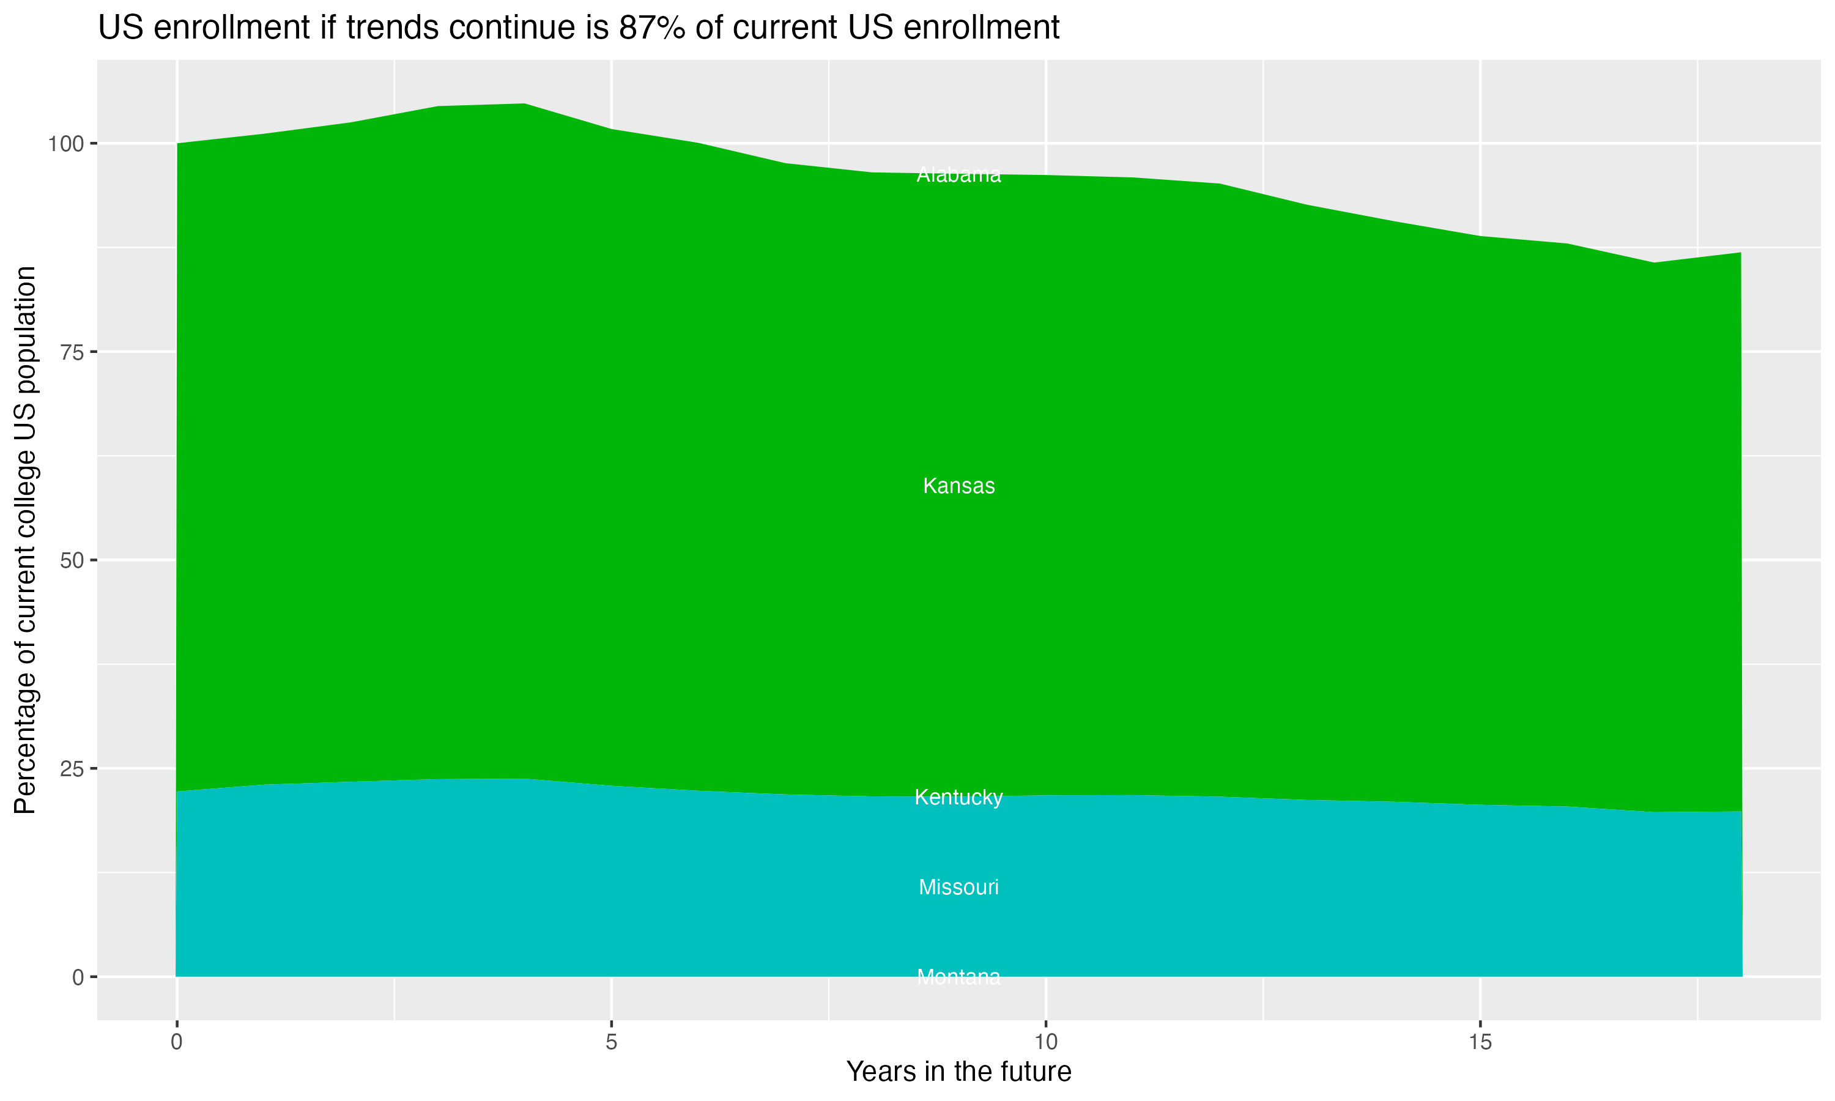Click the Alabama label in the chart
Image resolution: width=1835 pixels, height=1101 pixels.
(x=958, y=175)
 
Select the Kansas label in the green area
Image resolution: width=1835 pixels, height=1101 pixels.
(x=958, y=486)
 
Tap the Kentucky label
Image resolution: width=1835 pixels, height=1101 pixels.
(x=958, y=798)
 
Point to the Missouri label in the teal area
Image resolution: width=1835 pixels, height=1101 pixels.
(x=958, y=888)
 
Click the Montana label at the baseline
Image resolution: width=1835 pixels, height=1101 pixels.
(x=958, y=977)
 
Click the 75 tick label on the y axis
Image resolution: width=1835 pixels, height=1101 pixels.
(x=70, y=352)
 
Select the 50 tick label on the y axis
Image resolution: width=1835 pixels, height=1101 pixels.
(x=70, y=560)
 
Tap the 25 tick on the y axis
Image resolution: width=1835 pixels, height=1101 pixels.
(x=70, y=769)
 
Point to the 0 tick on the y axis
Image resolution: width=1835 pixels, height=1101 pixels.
(x=77, y=977)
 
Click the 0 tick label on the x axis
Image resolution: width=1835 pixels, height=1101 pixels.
(x=177, y=1042)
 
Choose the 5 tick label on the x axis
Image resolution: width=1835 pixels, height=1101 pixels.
(x=611, y=1042)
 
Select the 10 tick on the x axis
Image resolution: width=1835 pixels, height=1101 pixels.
(x=1046, y=1042)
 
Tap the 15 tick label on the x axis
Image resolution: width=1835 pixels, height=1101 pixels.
(x=1480, y=1042)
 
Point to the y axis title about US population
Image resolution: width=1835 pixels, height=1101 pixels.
(x=25, y=539)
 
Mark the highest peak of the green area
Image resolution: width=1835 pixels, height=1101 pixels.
(x=524, y=104)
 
